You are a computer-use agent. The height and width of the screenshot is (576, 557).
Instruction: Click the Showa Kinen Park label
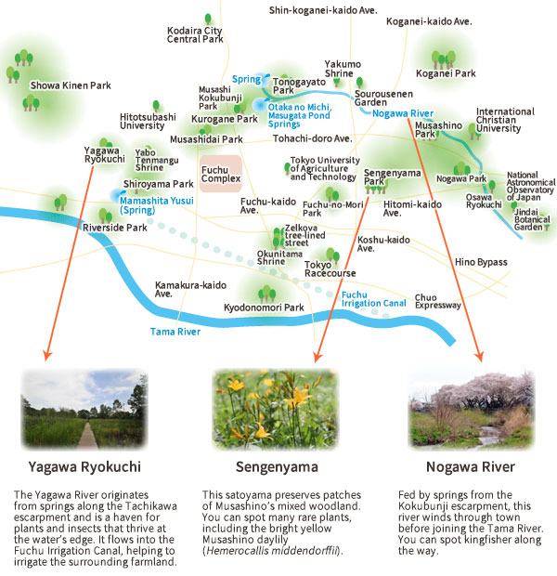pos(70,85)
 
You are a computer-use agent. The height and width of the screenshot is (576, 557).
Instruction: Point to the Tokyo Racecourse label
pos(330,269)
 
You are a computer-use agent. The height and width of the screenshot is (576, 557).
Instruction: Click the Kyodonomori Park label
pos(265,308)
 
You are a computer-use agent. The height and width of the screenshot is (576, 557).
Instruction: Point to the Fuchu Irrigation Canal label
pos(373,299)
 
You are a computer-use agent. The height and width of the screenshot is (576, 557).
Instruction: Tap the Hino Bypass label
pos(481,262)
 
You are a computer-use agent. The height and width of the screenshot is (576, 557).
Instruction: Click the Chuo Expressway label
pos(438,300)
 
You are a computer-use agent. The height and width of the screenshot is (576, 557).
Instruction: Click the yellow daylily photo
pos(275,407)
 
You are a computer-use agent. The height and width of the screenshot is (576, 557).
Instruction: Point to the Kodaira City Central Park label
pos(194,35)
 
